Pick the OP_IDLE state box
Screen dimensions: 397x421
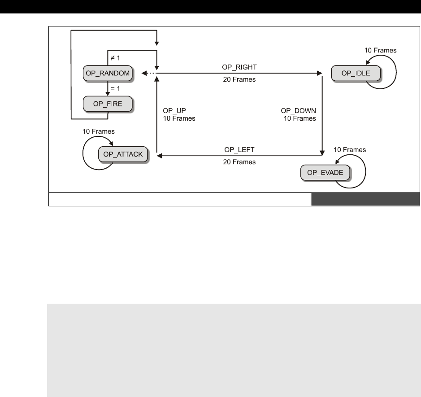[356, 73]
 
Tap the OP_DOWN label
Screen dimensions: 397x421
[298, 111]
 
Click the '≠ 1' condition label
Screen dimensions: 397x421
[116, 57]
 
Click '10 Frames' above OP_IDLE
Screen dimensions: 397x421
[380, 50]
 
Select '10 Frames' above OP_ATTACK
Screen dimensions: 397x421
[99, 132]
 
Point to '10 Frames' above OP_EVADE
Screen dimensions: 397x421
[350, 149]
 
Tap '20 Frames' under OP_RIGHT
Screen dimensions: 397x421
[239, 80]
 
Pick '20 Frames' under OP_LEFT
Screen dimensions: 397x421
[239, 162]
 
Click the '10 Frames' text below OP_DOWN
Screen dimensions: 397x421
[299, 119]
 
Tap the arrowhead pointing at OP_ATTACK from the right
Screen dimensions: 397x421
[159, 155]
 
